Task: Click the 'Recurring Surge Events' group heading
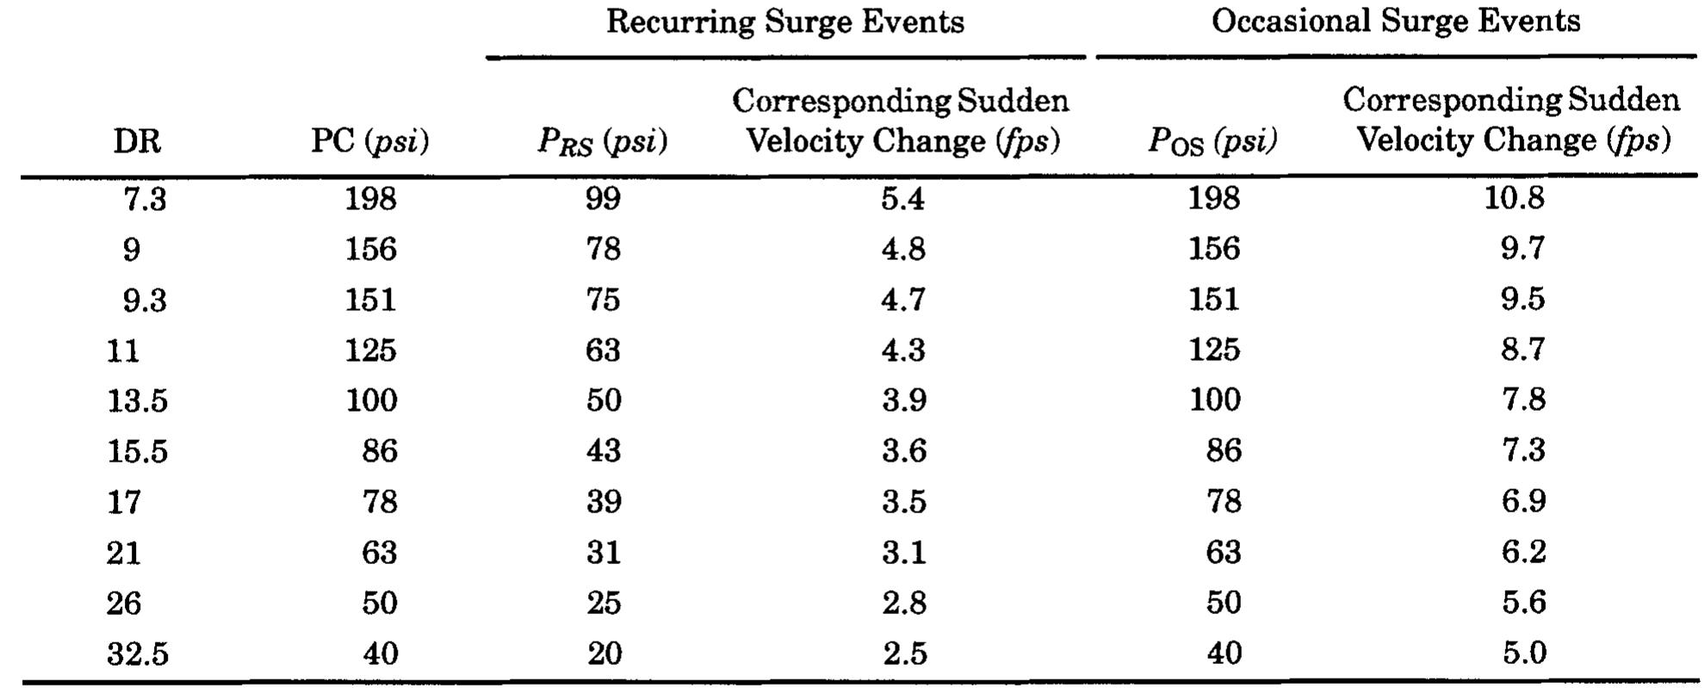[x=784, y=22]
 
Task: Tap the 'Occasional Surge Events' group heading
[x=1395, y=22]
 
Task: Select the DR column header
[x=137, y=141]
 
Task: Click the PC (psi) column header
[x=369, y=141]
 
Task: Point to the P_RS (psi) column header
[x=602, y=141]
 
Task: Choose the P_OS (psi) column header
[x=1212, y=141]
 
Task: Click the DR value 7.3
[x=144, y=200]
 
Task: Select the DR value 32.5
[x=137, y=654]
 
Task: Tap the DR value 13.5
[x=137, y=401]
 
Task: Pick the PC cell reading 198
[x=370, y=200]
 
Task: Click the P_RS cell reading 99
[x=603, y=200]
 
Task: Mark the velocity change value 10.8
[x=1514, y=199]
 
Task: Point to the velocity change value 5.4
[x=902, y=200]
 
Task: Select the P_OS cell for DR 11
[x=1214, y=350]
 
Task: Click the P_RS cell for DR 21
[x=603, y=552]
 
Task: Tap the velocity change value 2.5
[x=904, y=654]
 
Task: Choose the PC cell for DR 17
[x=379, y=502]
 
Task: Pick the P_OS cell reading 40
[x=1223, y=654]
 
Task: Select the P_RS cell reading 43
[x=603, y=451]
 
